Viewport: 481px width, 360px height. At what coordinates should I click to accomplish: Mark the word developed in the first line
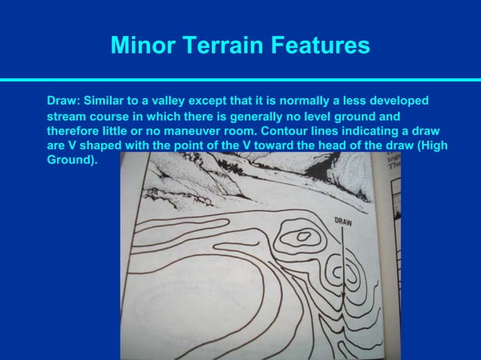coord(402,100)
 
